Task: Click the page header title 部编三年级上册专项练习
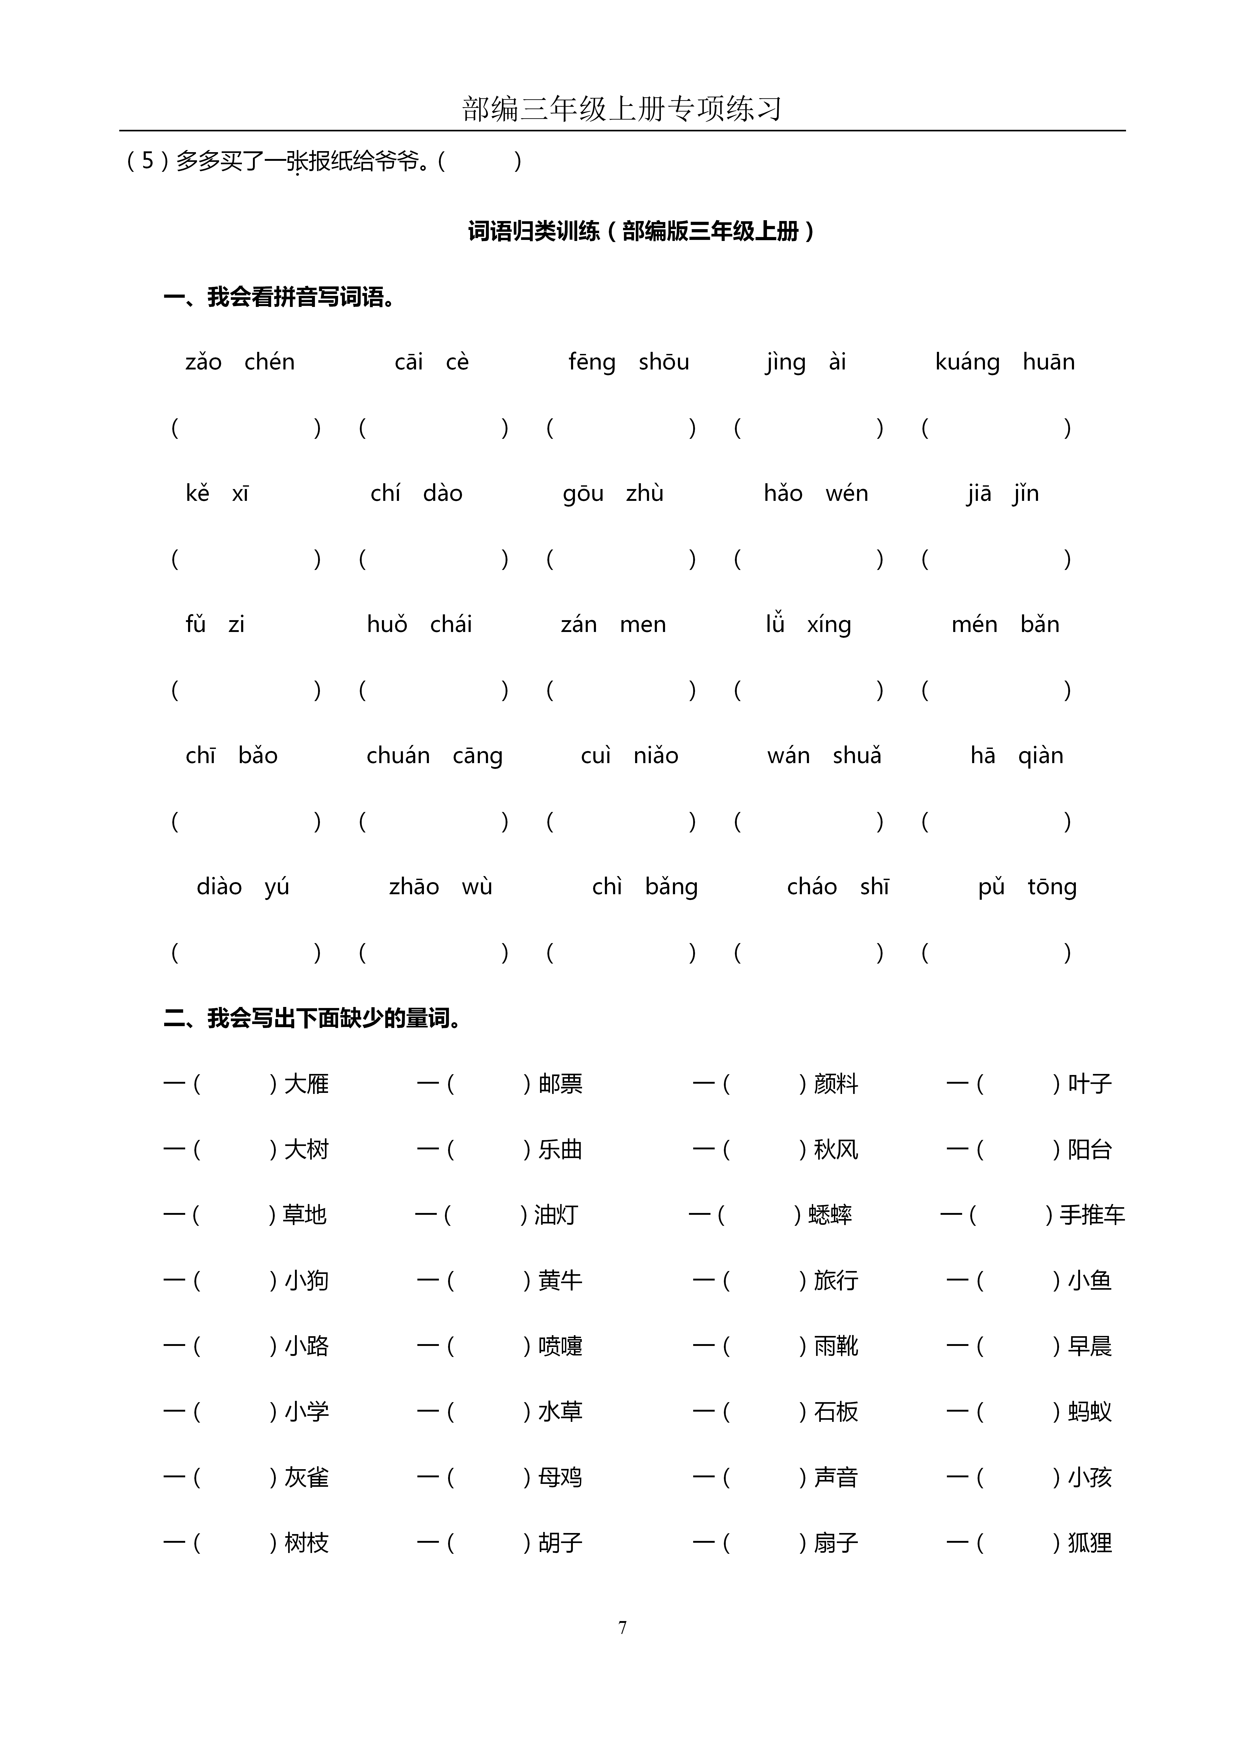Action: pyautogui.click(x=622, y=109)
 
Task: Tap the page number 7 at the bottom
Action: pyautogui.click(x=622, y=1627)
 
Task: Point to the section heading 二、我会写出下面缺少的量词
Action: pyautogui.click(x=313, y=1019)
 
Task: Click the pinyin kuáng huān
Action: pyautogui.click(x=1005, y=362)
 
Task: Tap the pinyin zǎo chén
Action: pyautogui.click(x=240, y=362)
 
